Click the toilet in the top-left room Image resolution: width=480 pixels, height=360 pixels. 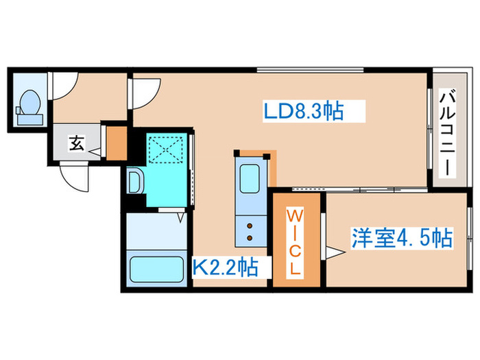(30, 106)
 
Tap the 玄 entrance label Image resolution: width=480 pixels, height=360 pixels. (76, 144)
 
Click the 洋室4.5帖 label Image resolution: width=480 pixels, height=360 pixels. (402, 239)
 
